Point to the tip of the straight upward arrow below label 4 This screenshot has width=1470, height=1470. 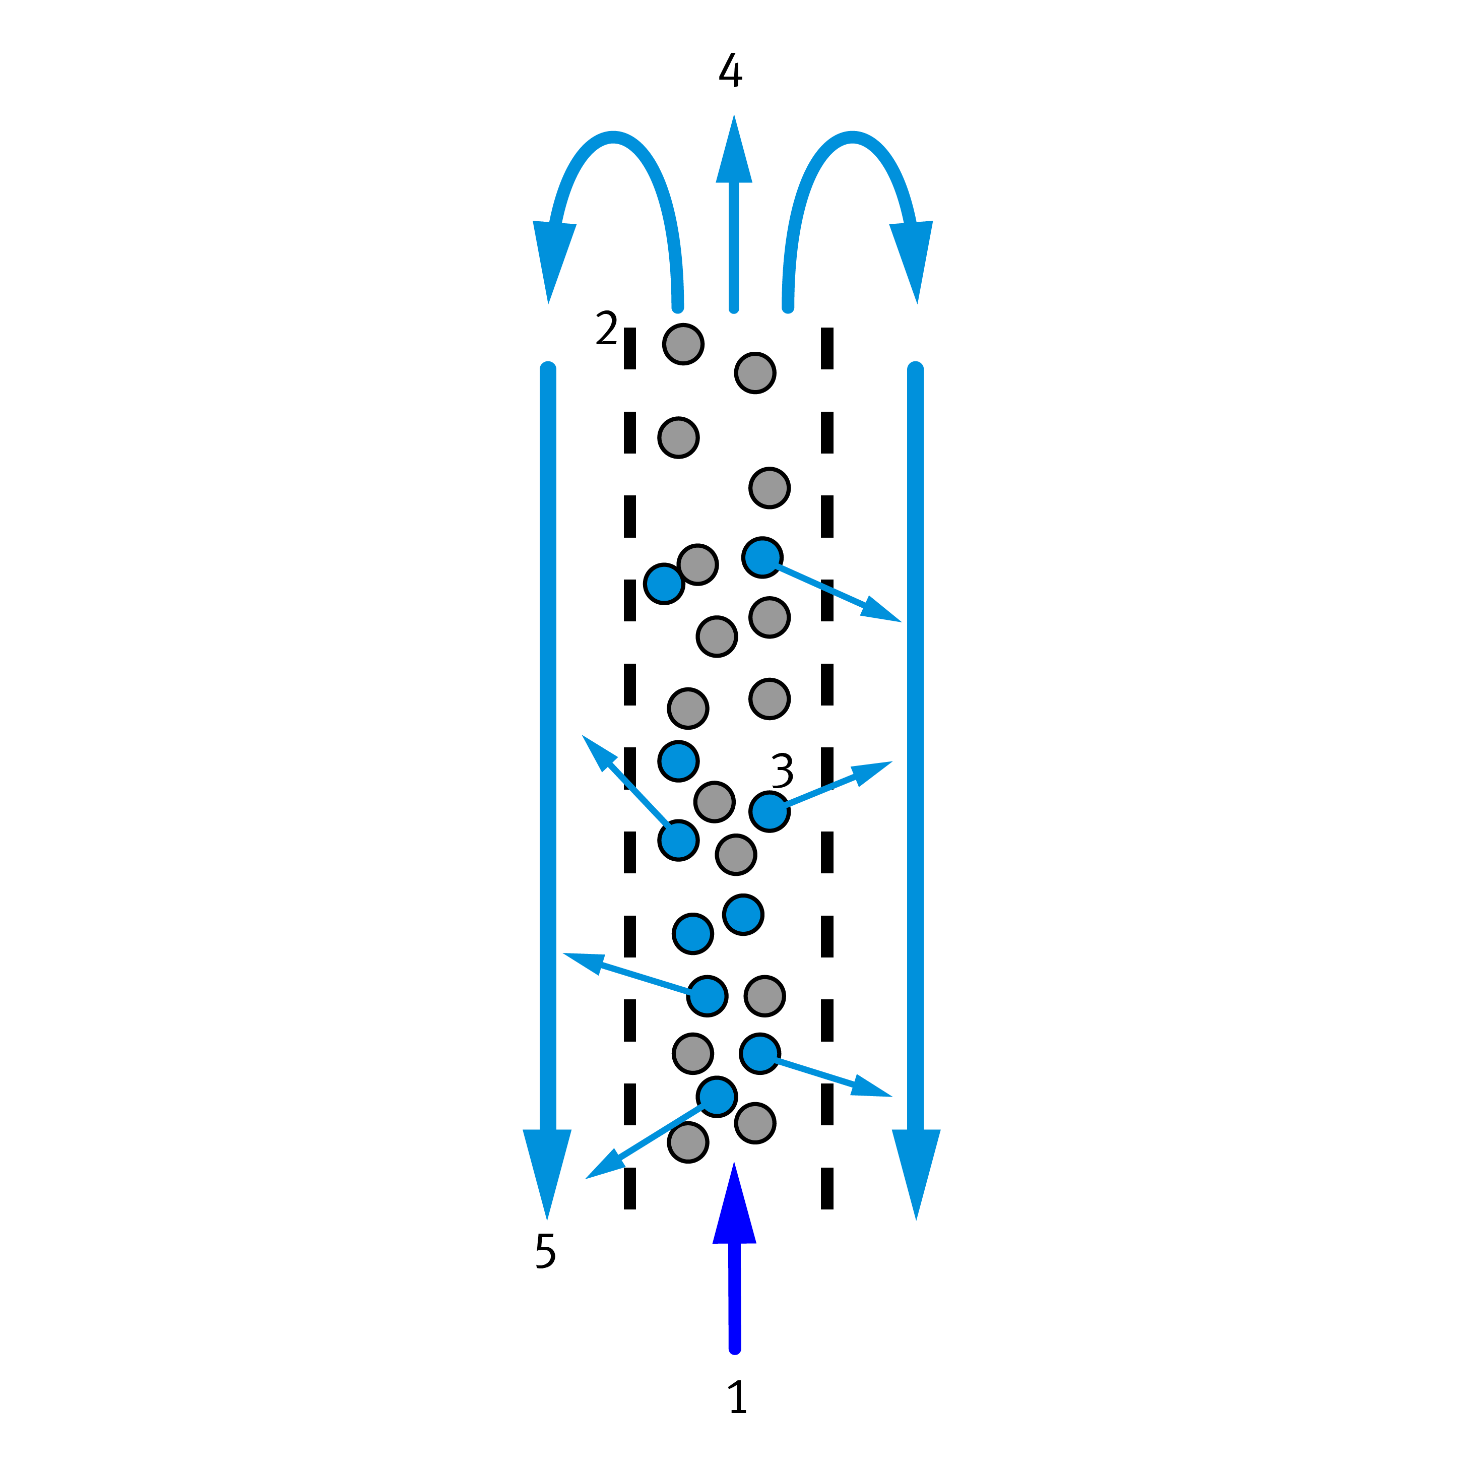coord(733,115)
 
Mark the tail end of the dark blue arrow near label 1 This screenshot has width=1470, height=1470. coord(735,1370)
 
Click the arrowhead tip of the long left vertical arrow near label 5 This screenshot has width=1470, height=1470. coord(547,1220)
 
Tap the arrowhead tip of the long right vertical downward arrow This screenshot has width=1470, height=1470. coord(916,1220)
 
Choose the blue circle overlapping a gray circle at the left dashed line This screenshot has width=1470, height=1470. coord(664,584)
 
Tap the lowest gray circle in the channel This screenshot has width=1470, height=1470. coord(688,1142)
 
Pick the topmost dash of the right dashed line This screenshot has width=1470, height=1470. coord(827,349)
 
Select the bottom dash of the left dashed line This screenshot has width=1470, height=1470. coord(630,1188)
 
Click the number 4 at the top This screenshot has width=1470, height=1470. coord(730,70)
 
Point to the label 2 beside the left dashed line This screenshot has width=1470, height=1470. coord(606,328)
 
